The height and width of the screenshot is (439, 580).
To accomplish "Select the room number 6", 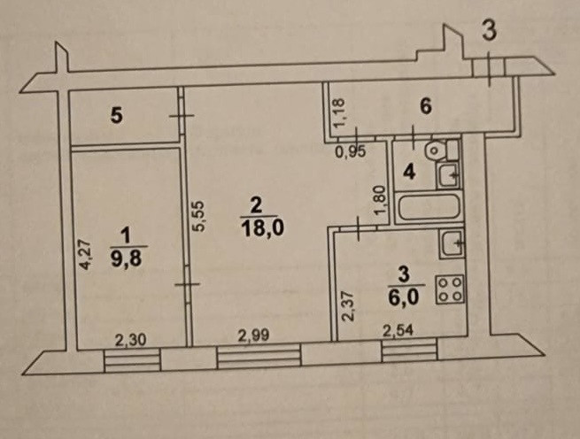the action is pos(425,108).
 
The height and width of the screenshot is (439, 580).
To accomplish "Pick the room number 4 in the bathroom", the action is pos(408,172).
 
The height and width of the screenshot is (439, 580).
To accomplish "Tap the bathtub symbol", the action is pos(427,209).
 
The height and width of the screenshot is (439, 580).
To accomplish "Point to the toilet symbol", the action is pos(435,150).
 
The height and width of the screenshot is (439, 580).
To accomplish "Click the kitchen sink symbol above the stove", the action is pos(451,242).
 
